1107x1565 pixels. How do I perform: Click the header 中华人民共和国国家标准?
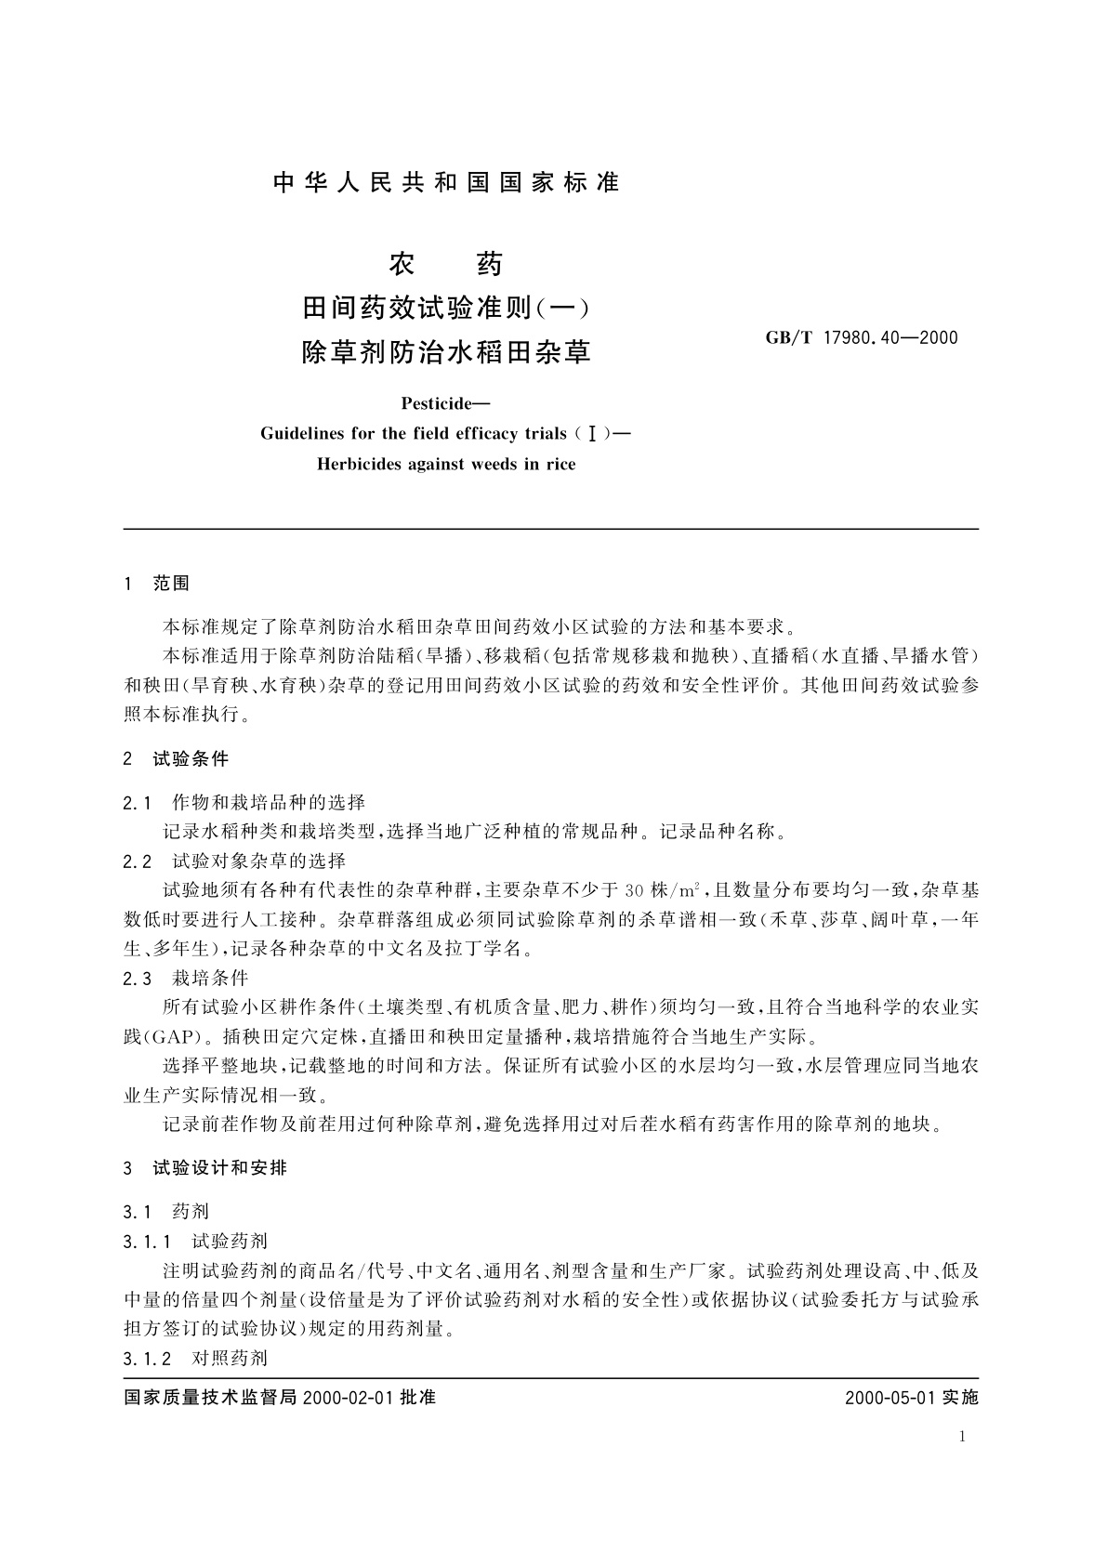click(446, 183)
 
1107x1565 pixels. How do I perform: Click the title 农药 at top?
click(446, 265)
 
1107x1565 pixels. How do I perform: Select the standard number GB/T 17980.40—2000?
click(861, 337)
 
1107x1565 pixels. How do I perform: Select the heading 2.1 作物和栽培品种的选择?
click(244, 802)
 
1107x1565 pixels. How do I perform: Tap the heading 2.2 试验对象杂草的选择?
click(234, 861)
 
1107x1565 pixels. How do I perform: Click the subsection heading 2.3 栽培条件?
click(185, 978)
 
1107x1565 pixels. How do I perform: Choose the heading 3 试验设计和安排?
click(204, 1168)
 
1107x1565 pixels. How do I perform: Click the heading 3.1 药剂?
click(165, 1212)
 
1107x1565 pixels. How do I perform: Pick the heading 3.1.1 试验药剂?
click(195, 1241)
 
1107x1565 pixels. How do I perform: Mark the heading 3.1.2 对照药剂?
click(195, 1358)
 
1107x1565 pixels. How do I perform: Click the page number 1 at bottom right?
click(962, 1437)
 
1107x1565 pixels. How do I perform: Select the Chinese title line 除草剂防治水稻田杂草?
click(446, 352)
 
